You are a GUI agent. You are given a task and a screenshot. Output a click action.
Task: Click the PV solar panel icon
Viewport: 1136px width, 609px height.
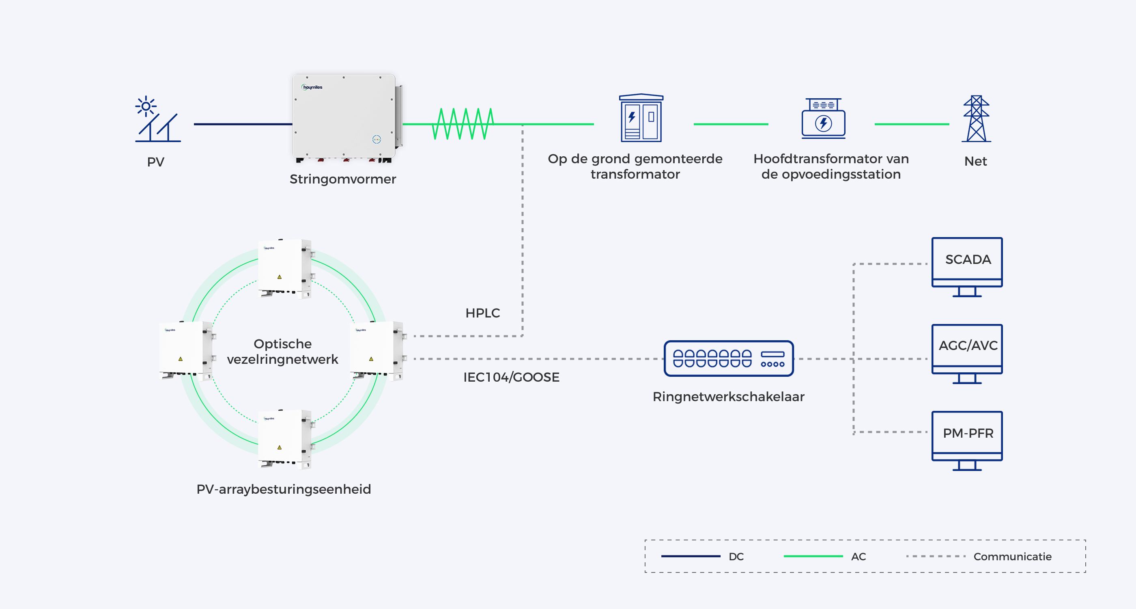(x=157, y=119)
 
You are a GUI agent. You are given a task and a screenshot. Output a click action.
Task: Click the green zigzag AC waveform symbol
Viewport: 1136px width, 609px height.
(x=463, y=124)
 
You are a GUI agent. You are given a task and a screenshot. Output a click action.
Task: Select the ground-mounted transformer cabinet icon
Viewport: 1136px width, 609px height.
(x=641, y=118)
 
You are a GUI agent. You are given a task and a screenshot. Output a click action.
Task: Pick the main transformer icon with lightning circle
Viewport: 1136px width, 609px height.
(x=823, y=118)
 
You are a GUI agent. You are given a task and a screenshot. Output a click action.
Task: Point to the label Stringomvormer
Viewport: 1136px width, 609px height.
(x=343, y=179)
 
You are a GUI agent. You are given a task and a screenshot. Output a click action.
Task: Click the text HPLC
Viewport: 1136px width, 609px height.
(x=482, y=313)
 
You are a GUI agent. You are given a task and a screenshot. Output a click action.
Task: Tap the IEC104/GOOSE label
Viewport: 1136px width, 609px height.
(x=511, y=377)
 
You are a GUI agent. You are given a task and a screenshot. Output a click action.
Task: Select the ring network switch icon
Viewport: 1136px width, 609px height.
(x=729, y=358)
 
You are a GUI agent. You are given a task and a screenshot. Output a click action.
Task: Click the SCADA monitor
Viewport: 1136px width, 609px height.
(x=967, y=267)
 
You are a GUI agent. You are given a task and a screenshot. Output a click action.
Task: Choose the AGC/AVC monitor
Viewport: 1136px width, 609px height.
(x=967, y=354)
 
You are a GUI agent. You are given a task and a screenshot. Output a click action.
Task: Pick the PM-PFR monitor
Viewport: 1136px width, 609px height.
(x=967, y=441)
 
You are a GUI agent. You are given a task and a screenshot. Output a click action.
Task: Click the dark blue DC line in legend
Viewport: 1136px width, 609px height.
(x=691, y=556)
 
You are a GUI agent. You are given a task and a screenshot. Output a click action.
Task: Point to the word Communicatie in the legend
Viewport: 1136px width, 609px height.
(x=1013, y=557)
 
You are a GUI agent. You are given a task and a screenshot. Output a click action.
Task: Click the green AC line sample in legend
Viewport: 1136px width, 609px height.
(x=813, y=556)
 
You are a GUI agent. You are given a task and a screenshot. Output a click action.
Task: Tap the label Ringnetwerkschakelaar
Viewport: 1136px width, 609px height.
(x=729, y=397)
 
